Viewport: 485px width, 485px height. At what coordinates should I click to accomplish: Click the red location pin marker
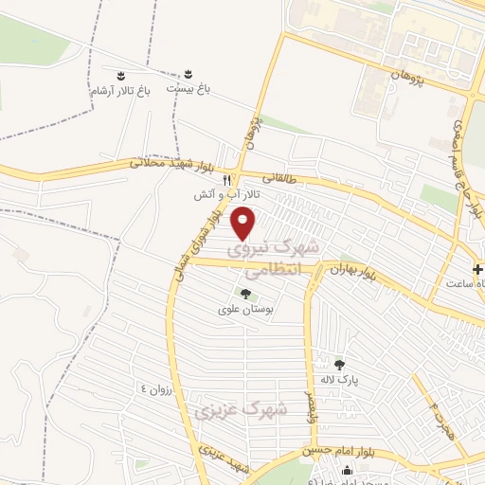[244, 223]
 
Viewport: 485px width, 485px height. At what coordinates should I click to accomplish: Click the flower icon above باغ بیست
[188, 74]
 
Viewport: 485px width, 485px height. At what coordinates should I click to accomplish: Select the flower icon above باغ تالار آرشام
[120, 75]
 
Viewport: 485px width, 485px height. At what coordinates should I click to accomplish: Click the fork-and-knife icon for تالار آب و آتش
[226, 179]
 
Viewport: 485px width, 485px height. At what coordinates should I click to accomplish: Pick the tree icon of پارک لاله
[340, 363]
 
